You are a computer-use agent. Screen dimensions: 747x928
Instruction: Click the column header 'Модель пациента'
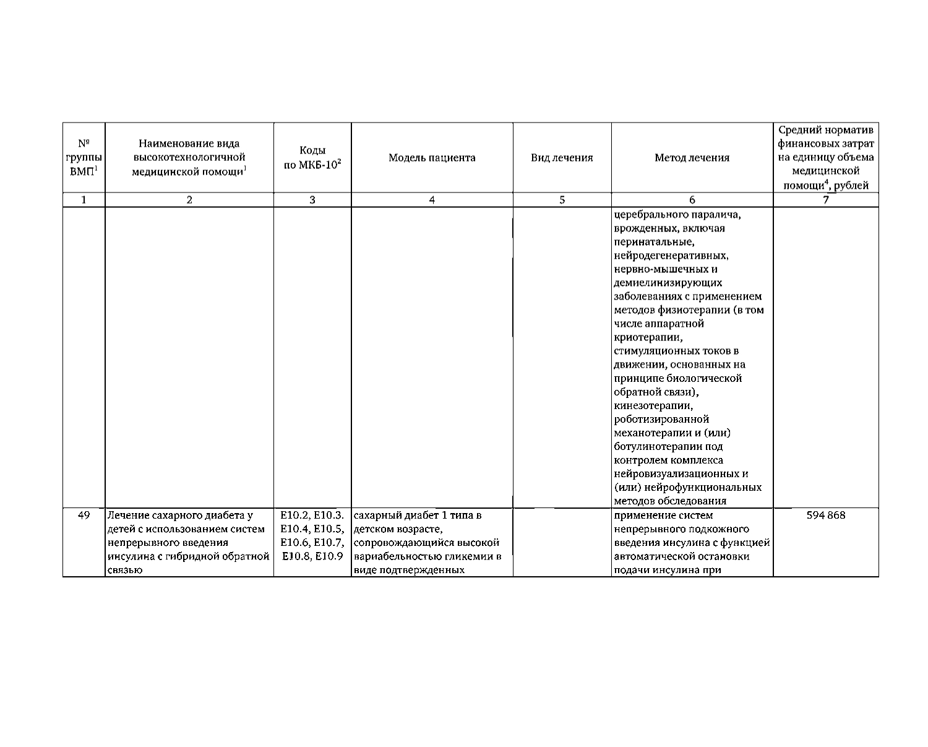[432, 158]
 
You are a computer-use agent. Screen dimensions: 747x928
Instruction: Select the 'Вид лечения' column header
[562, 158]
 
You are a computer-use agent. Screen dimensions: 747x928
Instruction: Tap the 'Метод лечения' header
[692, 158]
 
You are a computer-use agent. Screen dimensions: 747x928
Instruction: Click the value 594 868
[825, 516]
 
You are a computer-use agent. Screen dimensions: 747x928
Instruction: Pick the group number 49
[84, 516]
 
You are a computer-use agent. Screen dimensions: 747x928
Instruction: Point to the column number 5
[562, 200]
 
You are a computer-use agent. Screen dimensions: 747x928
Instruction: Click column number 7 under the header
[825, 200]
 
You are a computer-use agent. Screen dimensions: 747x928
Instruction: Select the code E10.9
[329, 556]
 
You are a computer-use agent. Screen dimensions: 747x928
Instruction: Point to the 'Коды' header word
[312, 151]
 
